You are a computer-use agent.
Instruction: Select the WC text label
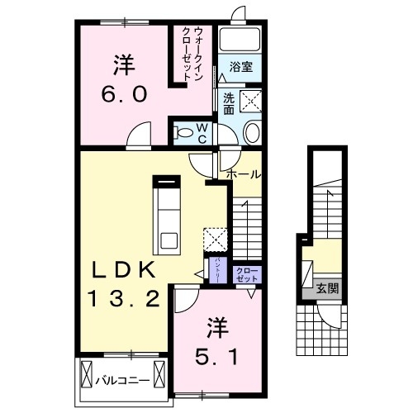click(x=202, y=132)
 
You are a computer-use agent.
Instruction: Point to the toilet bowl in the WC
click(x=183, y=130)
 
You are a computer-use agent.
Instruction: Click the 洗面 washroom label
click(x=228, y=102)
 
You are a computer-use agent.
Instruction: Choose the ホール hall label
click(x=244, y=174)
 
